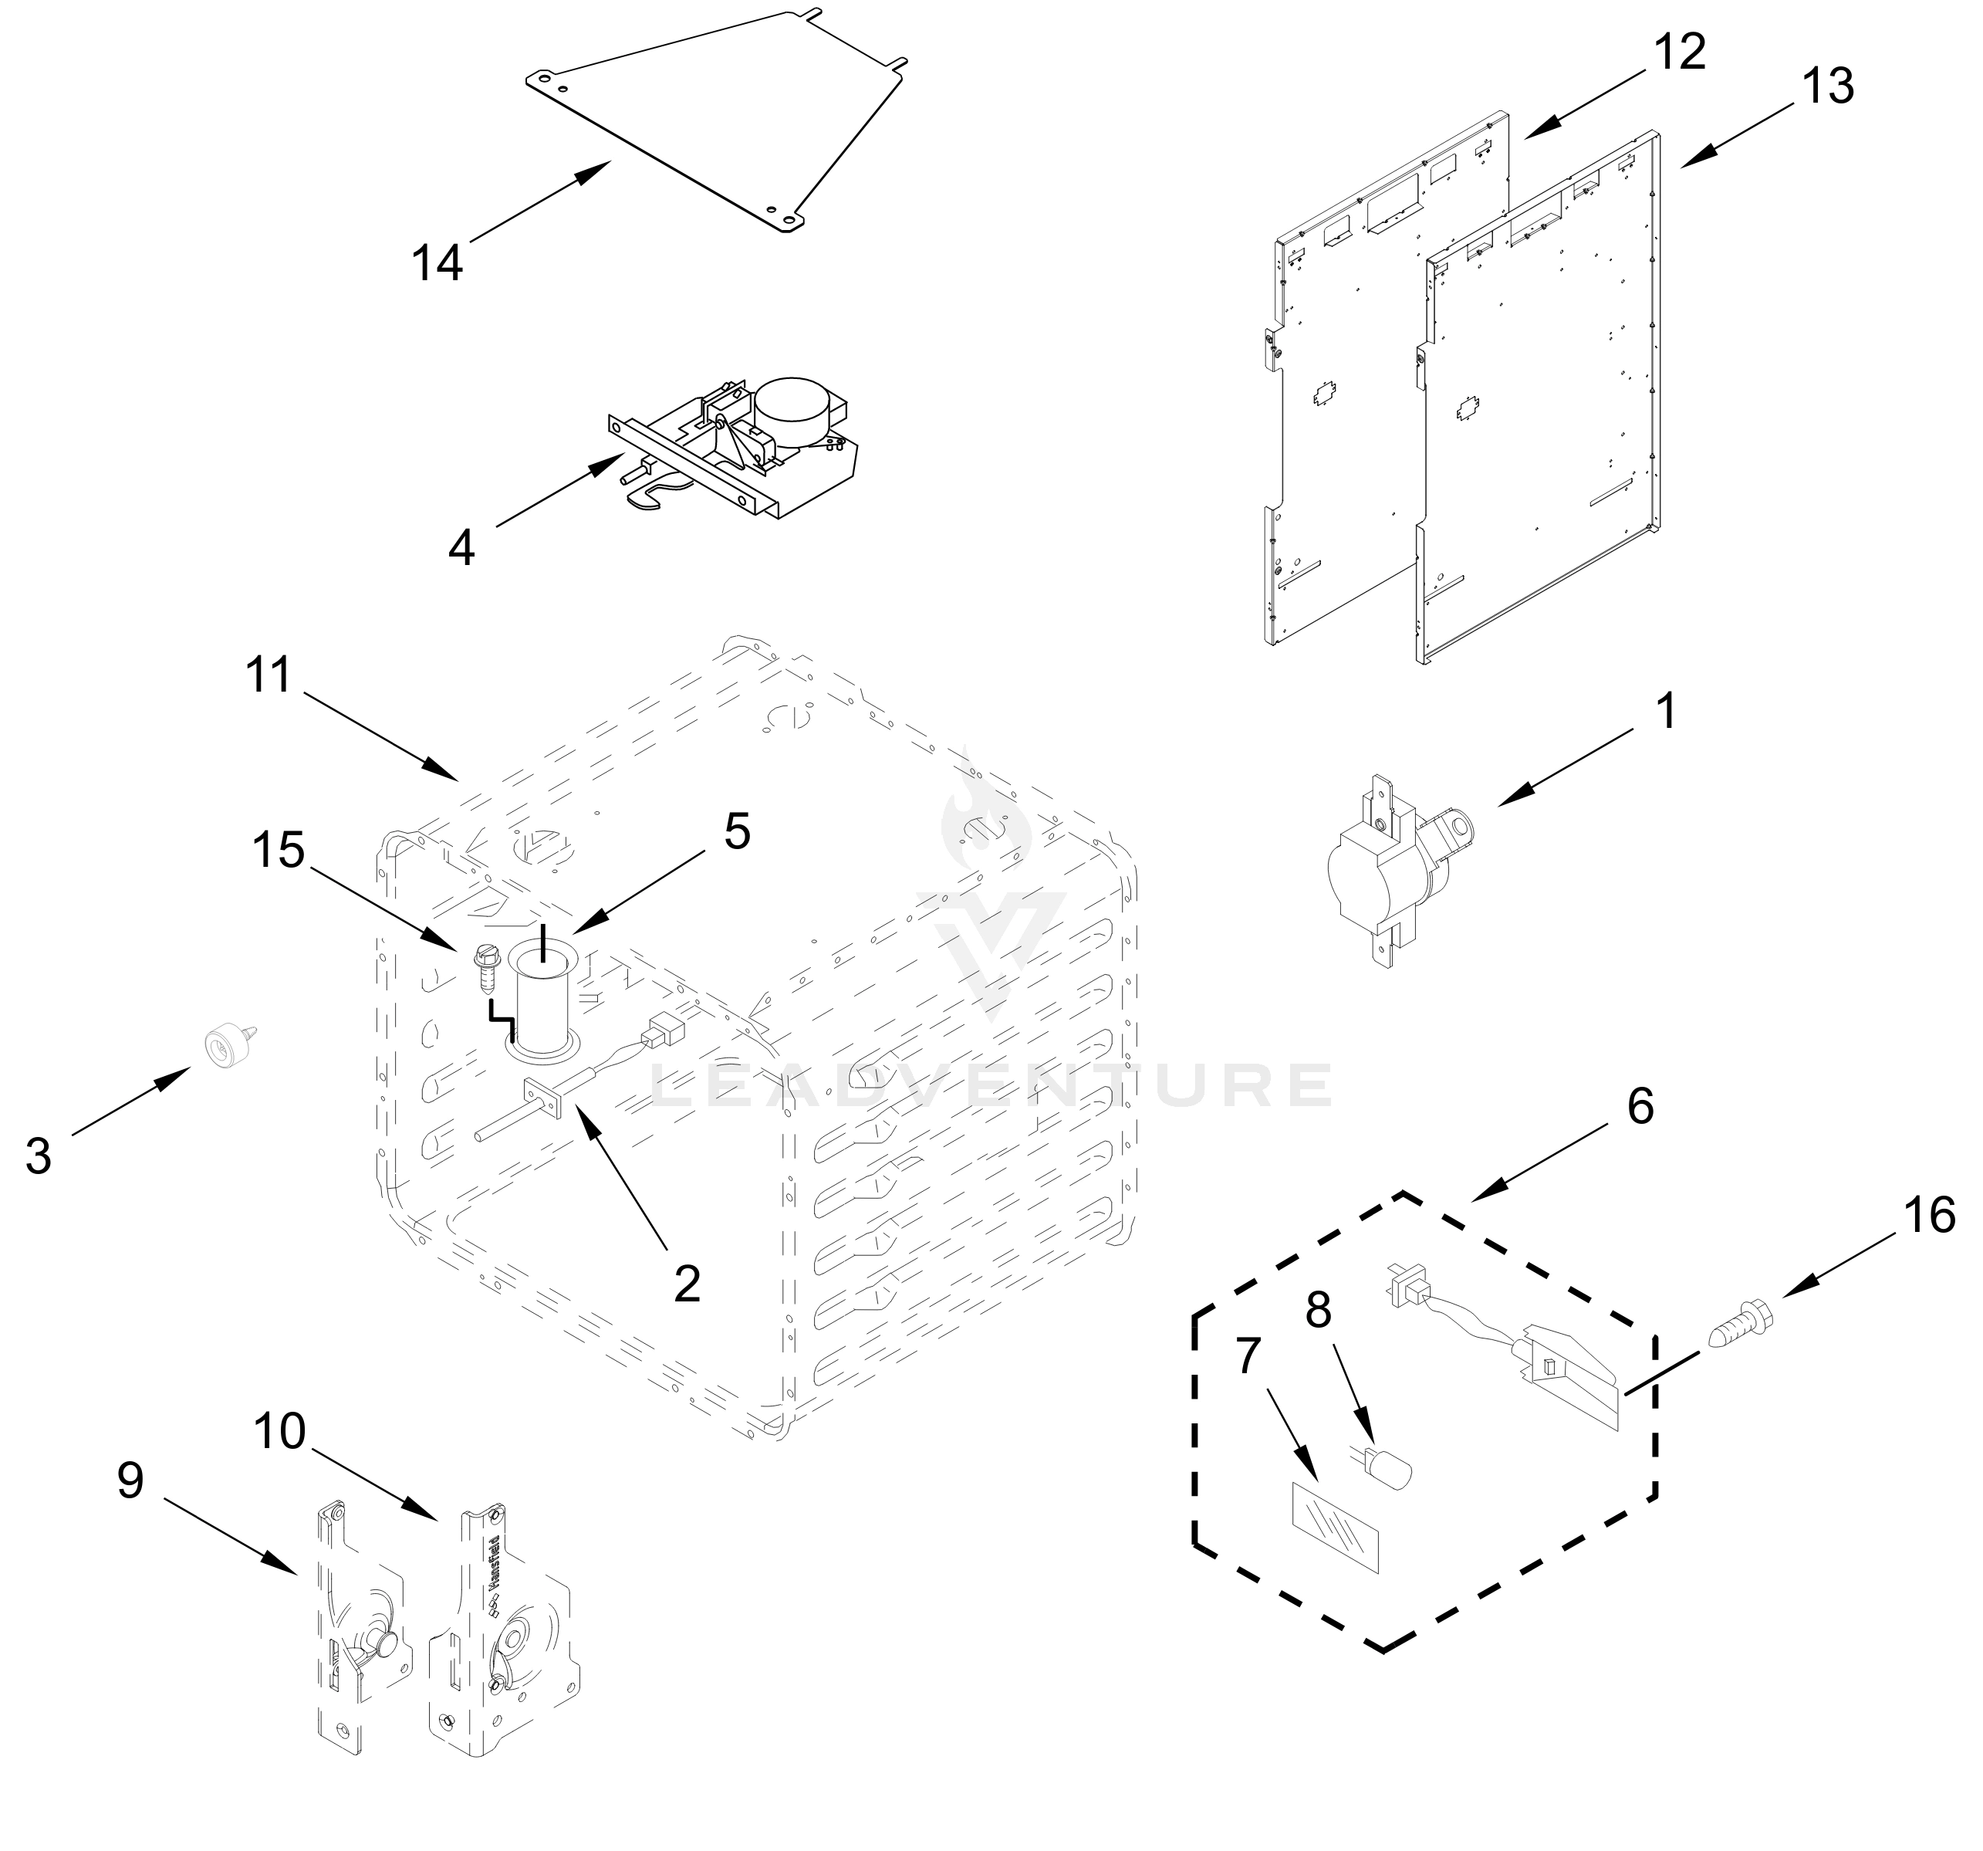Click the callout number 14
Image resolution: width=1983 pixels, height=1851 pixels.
pyautogui.click(x=437, y=263)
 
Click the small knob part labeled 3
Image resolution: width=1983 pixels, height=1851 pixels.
pyautogui.click(x=225, y=1046)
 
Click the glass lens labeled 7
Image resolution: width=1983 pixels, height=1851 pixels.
pyautogui.click(x=1336, y=1527)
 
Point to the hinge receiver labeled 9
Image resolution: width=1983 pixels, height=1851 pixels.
pyautogui.click(x=359, y=1636)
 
